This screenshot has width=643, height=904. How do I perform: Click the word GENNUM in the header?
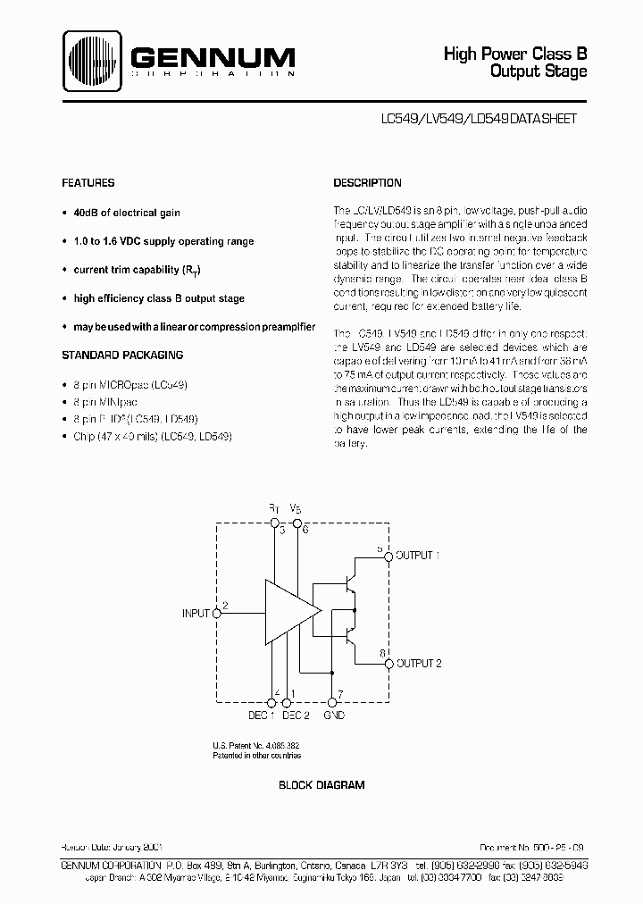tap(212, 58)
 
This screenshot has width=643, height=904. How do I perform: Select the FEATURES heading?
tap(88, 183)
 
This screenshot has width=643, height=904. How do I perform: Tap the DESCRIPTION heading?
tap(367, 183)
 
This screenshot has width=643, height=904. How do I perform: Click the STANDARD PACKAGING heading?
tap(122, 355)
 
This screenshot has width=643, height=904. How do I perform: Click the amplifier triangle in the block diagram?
tap(288, 609)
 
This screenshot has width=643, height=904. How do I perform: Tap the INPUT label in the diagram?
tap(196, 614)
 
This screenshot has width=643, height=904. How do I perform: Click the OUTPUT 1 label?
tap(419, 556)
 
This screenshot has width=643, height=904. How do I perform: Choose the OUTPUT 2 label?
tap(419, 664)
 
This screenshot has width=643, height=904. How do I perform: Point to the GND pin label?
tap(335, 715)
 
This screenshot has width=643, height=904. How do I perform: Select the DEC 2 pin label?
tap(296, 715)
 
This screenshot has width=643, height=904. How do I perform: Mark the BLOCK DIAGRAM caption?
tap(321, 785)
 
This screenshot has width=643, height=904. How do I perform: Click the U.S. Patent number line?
tap(255, 746)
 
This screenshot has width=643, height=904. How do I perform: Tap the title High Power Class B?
tap(515, 54)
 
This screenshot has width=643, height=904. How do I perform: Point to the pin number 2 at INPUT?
tap(225, 605)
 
